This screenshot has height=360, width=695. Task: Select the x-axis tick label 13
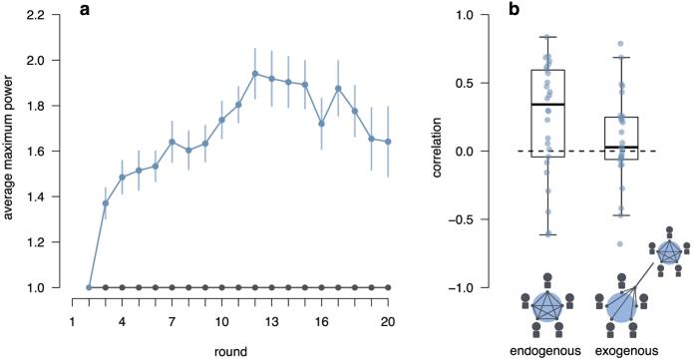coord(270,323)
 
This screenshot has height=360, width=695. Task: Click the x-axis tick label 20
coord(387,323)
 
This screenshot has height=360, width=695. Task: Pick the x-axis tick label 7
coord(172,323)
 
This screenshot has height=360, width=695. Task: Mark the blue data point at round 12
coord(255,74)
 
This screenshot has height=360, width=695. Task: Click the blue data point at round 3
coord(106,203)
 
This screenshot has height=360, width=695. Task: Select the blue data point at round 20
coord(388,142)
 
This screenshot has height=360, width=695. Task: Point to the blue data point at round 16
coord(321,124)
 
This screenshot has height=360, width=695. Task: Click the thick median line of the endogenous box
coord(547,105)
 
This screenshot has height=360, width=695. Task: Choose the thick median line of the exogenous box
coord(621,148)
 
